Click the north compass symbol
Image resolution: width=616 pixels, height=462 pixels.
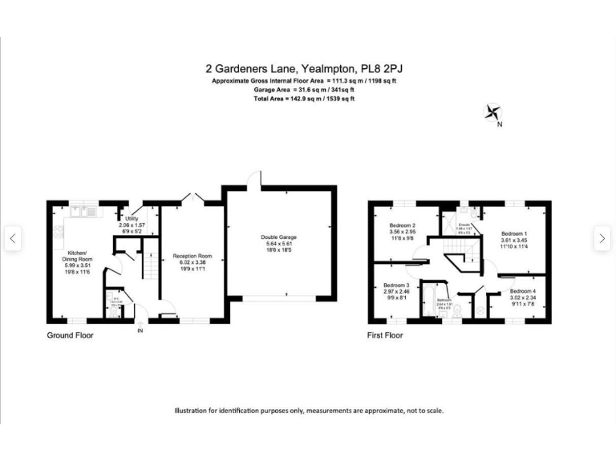tap(493, 114)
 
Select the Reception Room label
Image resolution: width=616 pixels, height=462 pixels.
tap(192, 257)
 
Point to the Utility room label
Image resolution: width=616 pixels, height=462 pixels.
tap(132, 218)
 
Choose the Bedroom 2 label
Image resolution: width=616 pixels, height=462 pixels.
tap(403, 226)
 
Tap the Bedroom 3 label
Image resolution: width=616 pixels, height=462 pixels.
tap(395, 286)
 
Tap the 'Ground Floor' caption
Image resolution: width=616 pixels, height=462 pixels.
tap(70, 335)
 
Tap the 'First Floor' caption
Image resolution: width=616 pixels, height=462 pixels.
tap(385, 335)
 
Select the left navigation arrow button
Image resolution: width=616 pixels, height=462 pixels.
tap(12, 238)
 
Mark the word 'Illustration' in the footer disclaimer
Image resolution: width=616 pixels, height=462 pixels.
tap(194, 411)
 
